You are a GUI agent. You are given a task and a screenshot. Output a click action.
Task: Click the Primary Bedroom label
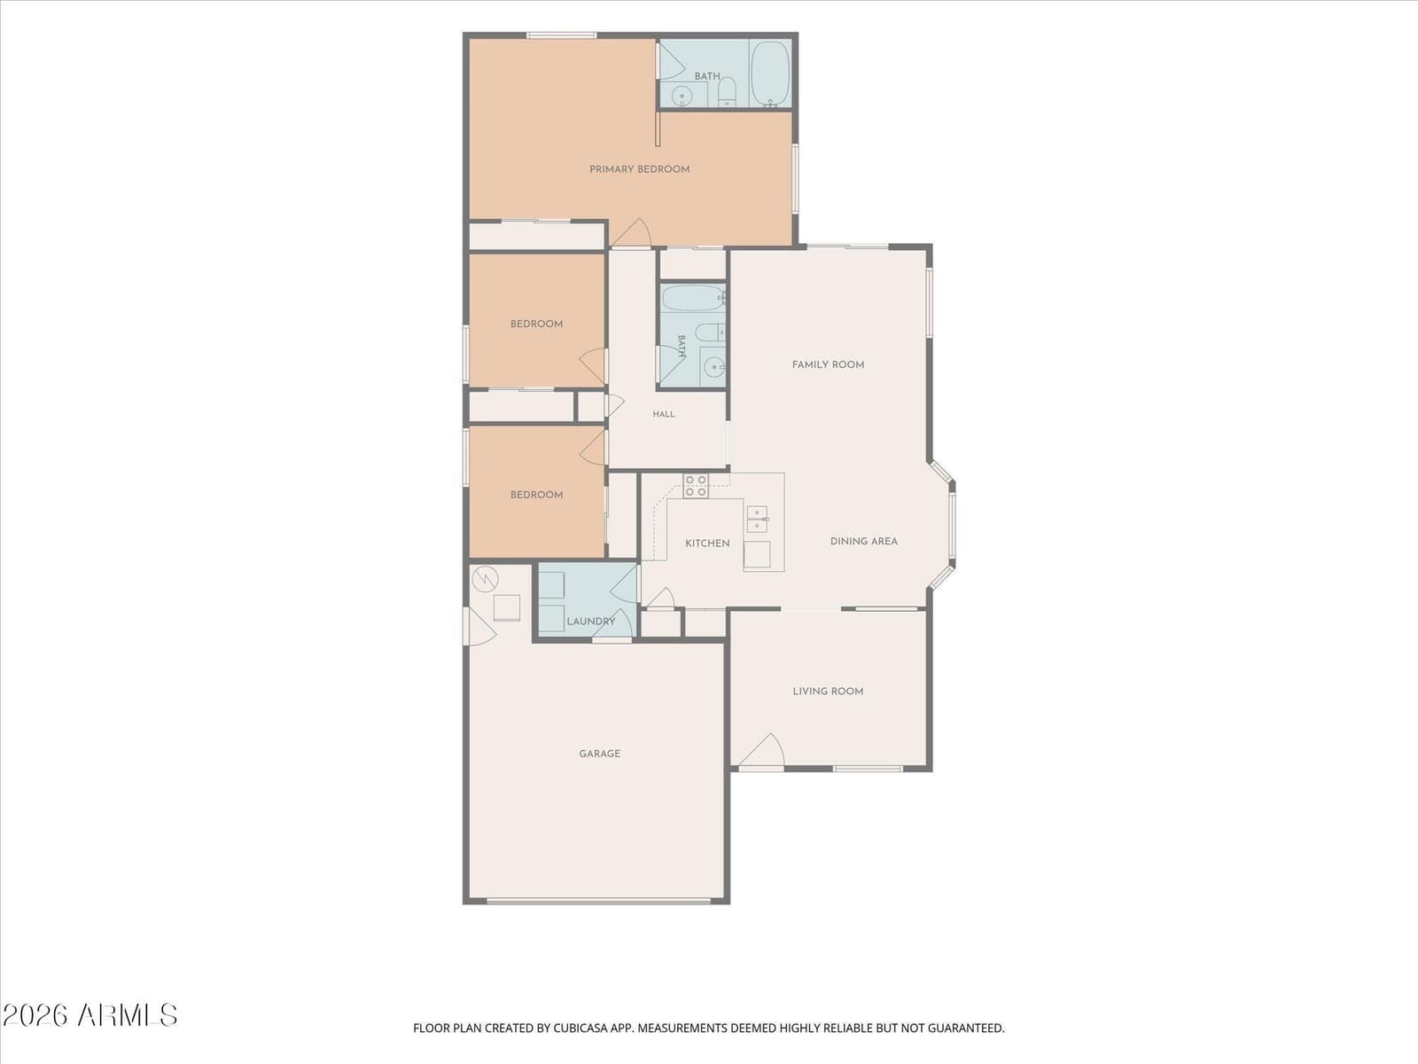click(639, 169)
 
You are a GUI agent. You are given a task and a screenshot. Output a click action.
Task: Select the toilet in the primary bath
click(727, 92)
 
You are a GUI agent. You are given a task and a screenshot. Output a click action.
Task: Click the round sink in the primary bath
click(682, 97)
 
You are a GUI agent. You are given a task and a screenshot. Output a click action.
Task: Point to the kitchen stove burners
click(696, 486)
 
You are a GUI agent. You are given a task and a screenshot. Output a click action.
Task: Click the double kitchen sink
click(757, 520)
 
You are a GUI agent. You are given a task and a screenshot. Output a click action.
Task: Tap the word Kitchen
click(707, 544)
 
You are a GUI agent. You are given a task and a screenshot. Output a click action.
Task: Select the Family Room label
click(828, 364)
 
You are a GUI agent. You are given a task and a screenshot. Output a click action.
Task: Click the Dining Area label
click(864, 542)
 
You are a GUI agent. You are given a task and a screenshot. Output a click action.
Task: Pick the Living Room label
click(828, 692)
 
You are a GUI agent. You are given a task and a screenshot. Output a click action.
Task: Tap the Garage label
click(599, 754)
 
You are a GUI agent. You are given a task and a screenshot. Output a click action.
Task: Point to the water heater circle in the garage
click(485, 579)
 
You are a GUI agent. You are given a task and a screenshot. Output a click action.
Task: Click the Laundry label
click(590, 622)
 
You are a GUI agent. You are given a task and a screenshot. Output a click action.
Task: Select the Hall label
click(664, 414)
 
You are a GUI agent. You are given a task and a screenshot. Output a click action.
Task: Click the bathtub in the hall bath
click(692, 299)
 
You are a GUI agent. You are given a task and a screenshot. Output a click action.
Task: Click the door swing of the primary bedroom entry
click(633, 232)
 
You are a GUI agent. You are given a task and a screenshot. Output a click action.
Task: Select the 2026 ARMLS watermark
click(90, 1015)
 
